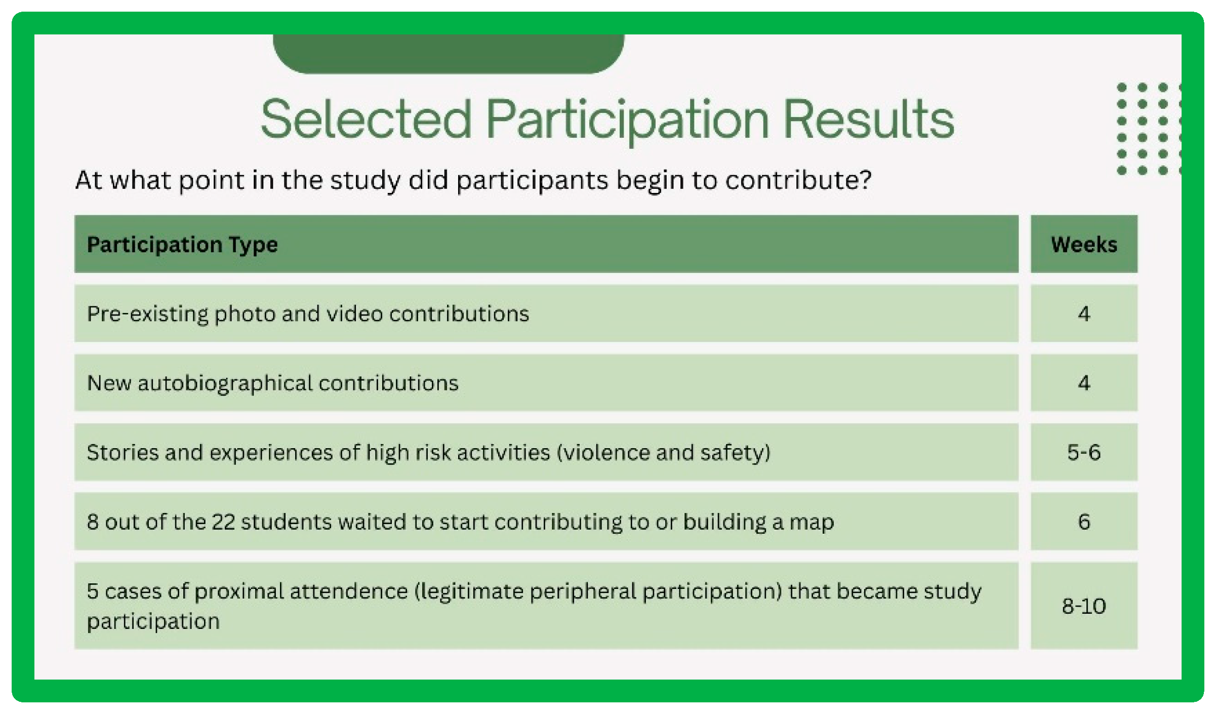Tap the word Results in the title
click(869, 120)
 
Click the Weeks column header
click(1084, 244)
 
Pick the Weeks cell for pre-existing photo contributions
click(1084, 313)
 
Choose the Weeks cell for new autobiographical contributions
click(1084, 383)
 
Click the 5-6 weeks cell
click(1084, 452)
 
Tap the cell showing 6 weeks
click(1084, 522)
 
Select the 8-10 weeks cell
click(1084, 606)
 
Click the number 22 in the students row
click(223, 522)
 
